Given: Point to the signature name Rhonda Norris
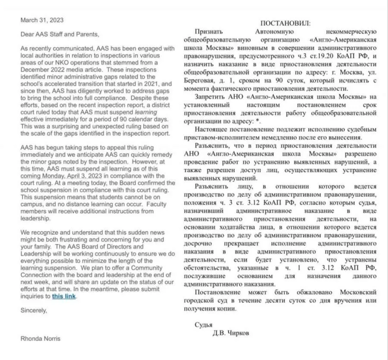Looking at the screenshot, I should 41,338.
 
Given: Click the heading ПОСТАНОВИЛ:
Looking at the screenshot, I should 285,23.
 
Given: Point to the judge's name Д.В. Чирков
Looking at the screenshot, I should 231,333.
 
